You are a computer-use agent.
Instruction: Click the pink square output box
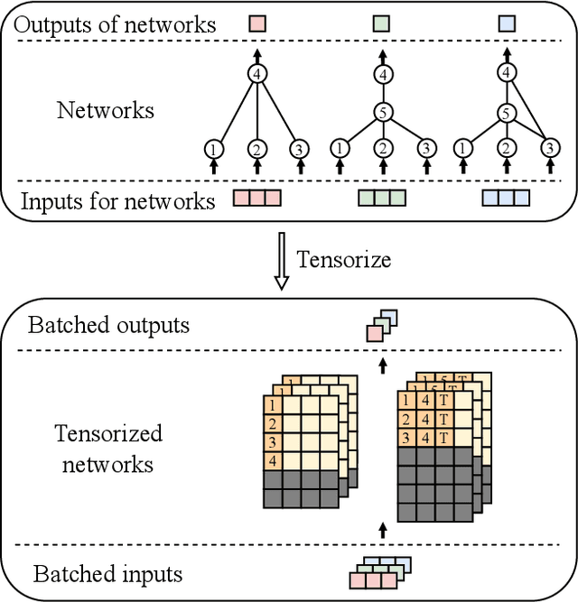click(x=258, y=25)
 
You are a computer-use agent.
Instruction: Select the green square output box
click(x=383, y=25)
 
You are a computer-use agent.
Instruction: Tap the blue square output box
click(x=508, y=25)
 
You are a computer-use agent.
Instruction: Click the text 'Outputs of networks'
click(x=117, y=24)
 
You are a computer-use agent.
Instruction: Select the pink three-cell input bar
click(x=258, y=198)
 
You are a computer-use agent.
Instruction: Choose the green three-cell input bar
click(x=383, y=198)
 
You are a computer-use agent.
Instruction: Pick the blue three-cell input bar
click(x=507, y=198)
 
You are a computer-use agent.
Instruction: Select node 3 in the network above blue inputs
click(x=548, y=148)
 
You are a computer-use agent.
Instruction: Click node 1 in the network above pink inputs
click(x=213, y=148)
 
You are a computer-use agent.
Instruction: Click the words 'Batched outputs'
click(x=109, y=326)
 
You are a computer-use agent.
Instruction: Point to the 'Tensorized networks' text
click(x=108, y=449)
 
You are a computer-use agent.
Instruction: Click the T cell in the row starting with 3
click(x=444, y=438)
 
